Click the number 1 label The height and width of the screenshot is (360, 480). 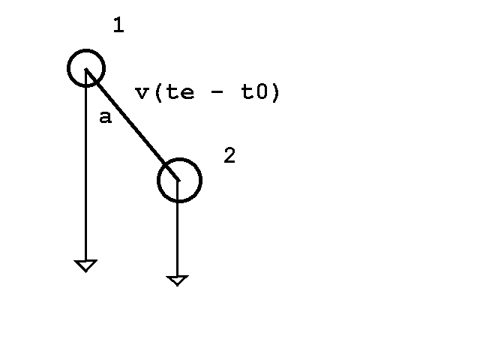pos(118,25)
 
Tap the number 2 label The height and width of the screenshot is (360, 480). pos(230,155)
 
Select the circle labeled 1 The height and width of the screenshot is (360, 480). pos(67,68)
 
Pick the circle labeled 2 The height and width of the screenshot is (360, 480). pos(157,180)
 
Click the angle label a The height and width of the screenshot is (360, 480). pos(106,117)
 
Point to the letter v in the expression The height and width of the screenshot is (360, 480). pos(142,93)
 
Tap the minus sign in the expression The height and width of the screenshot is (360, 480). pos(217,91)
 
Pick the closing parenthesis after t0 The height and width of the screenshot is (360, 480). pos(275,92)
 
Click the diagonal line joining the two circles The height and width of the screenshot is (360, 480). pos(132,124)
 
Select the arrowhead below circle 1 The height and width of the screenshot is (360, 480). pos(85,265)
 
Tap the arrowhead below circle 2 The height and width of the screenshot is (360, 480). pos(177,280)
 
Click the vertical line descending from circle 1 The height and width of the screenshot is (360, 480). pos(86,165)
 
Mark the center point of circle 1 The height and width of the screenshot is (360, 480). pos(86,68)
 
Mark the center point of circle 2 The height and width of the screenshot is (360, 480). pos(178,180)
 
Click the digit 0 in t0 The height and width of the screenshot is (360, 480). pos(262,91)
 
